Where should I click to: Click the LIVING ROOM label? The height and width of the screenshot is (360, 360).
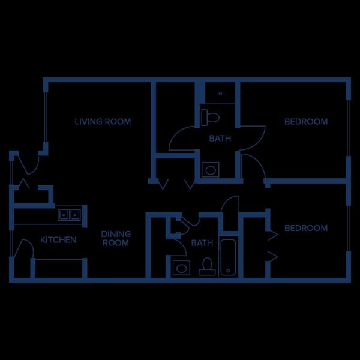pos(103,121)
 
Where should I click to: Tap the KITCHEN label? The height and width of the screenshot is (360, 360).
pos(58,240)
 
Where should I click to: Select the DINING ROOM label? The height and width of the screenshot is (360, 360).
pos(116,238)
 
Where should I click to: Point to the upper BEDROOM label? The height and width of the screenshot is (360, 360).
pos(306,121)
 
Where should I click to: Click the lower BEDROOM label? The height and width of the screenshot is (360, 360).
pos(306,228)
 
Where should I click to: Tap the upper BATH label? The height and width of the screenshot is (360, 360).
pos(220,139)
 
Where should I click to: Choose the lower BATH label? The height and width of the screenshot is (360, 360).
pos(202,242)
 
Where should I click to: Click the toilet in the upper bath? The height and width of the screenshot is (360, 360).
pos(210,118)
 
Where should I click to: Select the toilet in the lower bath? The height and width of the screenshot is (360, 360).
pos(207,266)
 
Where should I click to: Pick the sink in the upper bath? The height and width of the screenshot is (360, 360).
pos(211,170)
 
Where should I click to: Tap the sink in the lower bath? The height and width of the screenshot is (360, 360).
pos(181,268)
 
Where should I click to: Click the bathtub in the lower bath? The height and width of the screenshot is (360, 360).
pos(228,257)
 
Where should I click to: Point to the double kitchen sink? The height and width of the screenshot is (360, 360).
pos(69,215)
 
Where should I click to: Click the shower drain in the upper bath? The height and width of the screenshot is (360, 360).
pos(220,94)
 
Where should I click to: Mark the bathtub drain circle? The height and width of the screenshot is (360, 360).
pos(228,271)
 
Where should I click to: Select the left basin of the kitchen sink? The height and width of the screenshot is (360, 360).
pos(64,215)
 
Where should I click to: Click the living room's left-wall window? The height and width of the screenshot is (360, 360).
pos(46,117)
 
